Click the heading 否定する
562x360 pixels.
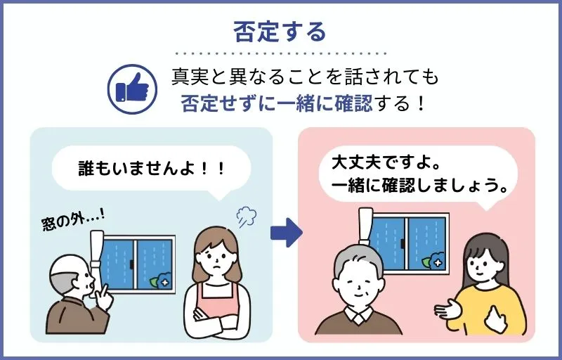point(280,32)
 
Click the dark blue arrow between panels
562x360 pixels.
point(285,233)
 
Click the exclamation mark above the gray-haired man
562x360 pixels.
point(364,225)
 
